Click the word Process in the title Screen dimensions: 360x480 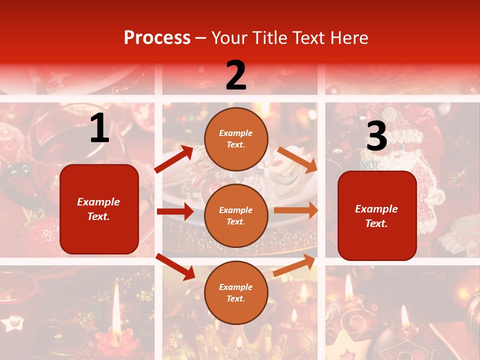[x=157, y=38]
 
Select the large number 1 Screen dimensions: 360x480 [x=99, y=129]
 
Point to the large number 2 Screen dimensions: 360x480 [x=236, y=76]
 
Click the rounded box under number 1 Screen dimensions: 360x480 [x=99, y=209]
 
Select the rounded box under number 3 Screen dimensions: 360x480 [x=377, y=215]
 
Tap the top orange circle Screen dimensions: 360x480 [x=236, y=139]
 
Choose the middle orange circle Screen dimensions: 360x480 [x=236, y=215]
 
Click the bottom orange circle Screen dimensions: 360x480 [x=236, y=292]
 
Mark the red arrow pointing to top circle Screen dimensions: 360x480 [x=174, y=159]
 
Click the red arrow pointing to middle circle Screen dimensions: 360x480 [x=175, y=211]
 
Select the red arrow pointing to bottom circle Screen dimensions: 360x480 [x=175, y=266]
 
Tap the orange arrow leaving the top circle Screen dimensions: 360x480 [x=297, y=160]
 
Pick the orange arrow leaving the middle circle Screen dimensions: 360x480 [x=296, y=210]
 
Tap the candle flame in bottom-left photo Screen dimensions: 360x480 [x=116, y=300]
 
